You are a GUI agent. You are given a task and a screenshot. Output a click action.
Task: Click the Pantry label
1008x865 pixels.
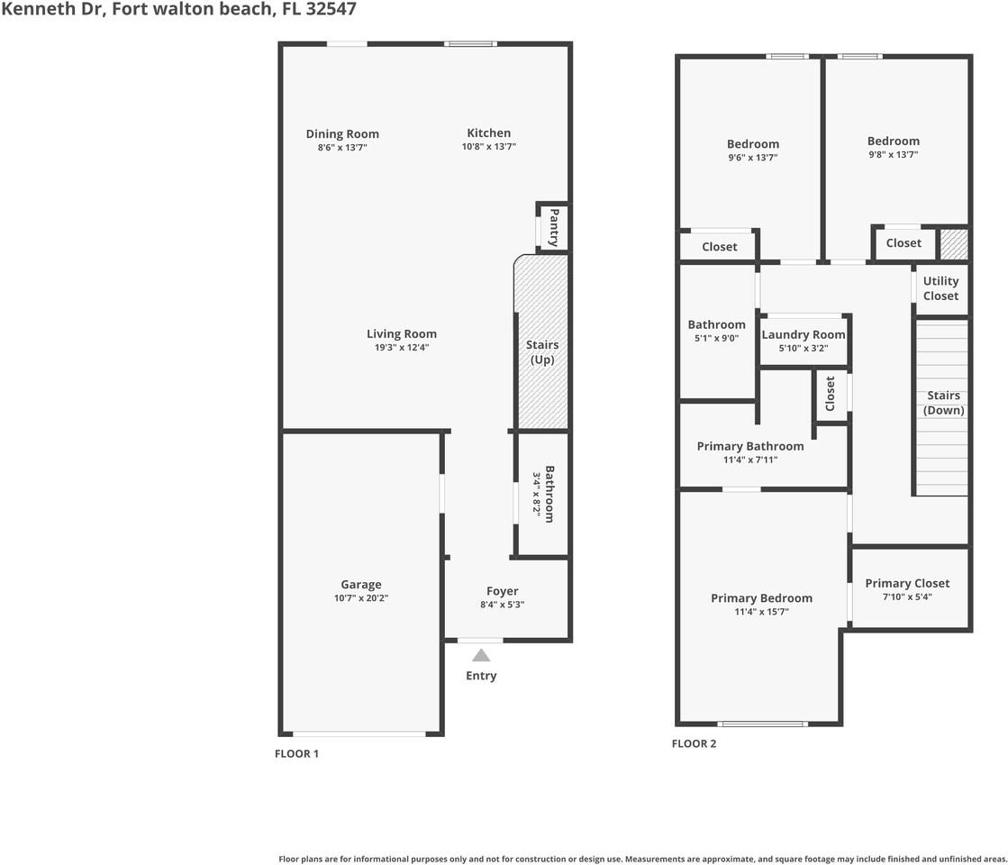coord(554,228)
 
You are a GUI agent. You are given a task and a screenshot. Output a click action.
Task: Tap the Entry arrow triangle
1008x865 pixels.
coord(481,656)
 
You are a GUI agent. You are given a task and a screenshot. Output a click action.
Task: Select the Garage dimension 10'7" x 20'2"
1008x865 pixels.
coord(360,597)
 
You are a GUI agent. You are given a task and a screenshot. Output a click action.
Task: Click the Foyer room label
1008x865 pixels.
coord(502,591)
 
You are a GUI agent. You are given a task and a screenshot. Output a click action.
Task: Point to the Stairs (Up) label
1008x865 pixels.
coord(542,351)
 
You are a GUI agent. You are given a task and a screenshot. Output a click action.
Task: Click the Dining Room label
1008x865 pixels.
coord(342,134)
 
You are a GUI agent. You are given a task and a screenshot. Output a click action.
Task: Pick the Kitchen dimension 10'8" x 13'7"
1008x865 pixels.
coord(488,147)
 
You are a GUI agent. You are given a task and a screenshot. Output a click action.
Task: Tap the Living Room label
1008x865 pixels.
coord(401,333)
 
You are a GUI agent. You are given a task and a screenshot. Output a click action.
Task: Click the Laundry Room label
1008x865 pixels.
coord(804,334)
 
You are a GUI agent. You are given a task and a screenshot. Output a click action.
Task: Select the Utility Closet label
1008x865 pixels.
coord(940,288)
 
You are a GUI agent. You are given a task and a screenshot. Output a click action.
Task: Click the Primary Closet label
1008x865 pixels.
coord(907,583)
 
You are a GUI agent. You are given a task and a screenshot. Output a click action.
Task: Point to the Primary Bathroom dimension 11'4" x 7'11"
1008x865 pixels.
coord(749,460)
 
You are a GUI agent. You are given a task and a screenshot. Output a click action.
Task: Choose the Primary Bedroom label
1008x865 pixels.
coord(761,598)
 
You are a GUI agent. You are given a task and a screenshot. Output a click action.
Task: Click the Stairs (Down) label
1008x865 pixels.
coord(943,403)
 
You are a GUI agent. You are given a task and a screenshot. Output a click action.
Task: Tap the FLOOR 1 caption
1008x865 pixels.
coord(296,754)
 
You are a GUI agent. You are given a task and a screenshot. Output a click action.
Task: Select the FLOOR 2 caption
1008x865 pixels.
coord(694,743)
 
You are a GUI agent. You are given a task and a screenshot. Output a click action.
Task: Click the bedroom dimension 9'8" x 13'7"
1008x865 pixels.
coord(893,154)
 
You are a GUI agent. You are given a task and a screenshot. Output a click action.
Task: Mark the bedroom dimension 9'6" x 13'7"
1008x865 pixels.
coord(752,157)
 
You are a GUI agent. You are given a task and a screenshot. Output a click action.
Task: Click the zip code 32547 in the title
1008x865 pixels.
coord(332,10)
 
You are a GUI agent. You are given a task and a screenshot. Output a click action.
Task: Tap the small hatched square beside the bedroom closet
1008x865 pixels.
coord(953,244)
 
